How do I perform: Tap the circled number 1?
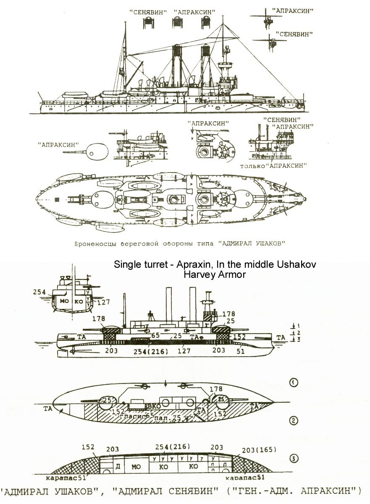coord(294,382)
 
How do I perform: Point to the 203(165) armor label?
coord(260,450)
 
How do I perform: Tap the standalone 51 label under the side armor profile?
coord(240,352)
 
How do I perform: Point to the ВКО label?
coord(154,406)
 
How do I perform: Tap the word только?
coord(252,166)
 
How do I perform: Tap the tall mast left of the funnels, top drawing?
coord(125,59)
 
